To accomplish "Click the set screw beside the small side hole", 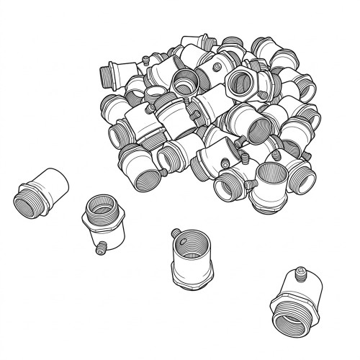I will pos(174,233).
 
